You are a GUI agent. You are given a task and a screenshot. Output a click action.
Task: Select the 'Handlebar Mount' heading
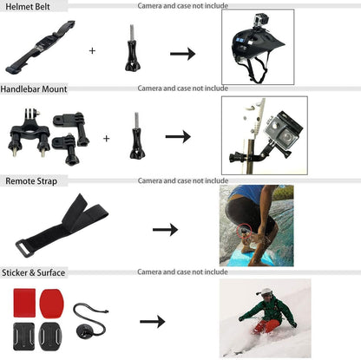pos(34,88)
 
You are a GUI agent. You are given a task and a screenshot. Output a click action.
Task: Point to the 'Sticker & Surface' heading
pos(35,273)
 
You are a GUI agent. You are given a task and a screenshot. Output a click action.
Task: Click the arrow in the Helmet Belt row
pos(181,54)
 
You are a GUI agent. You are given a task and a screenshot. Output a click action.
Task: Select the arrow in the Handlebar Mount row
pos(178,137)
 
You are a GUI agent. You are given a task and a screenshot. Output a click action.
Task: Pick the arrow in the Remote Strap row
pos(165,229)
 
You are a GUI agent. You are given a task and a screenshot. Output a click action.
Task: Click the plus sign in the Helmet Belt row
pos(92,50)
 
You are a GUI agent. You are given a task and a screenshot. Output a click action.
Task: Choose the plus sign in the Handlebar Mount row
pos(107,138)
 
